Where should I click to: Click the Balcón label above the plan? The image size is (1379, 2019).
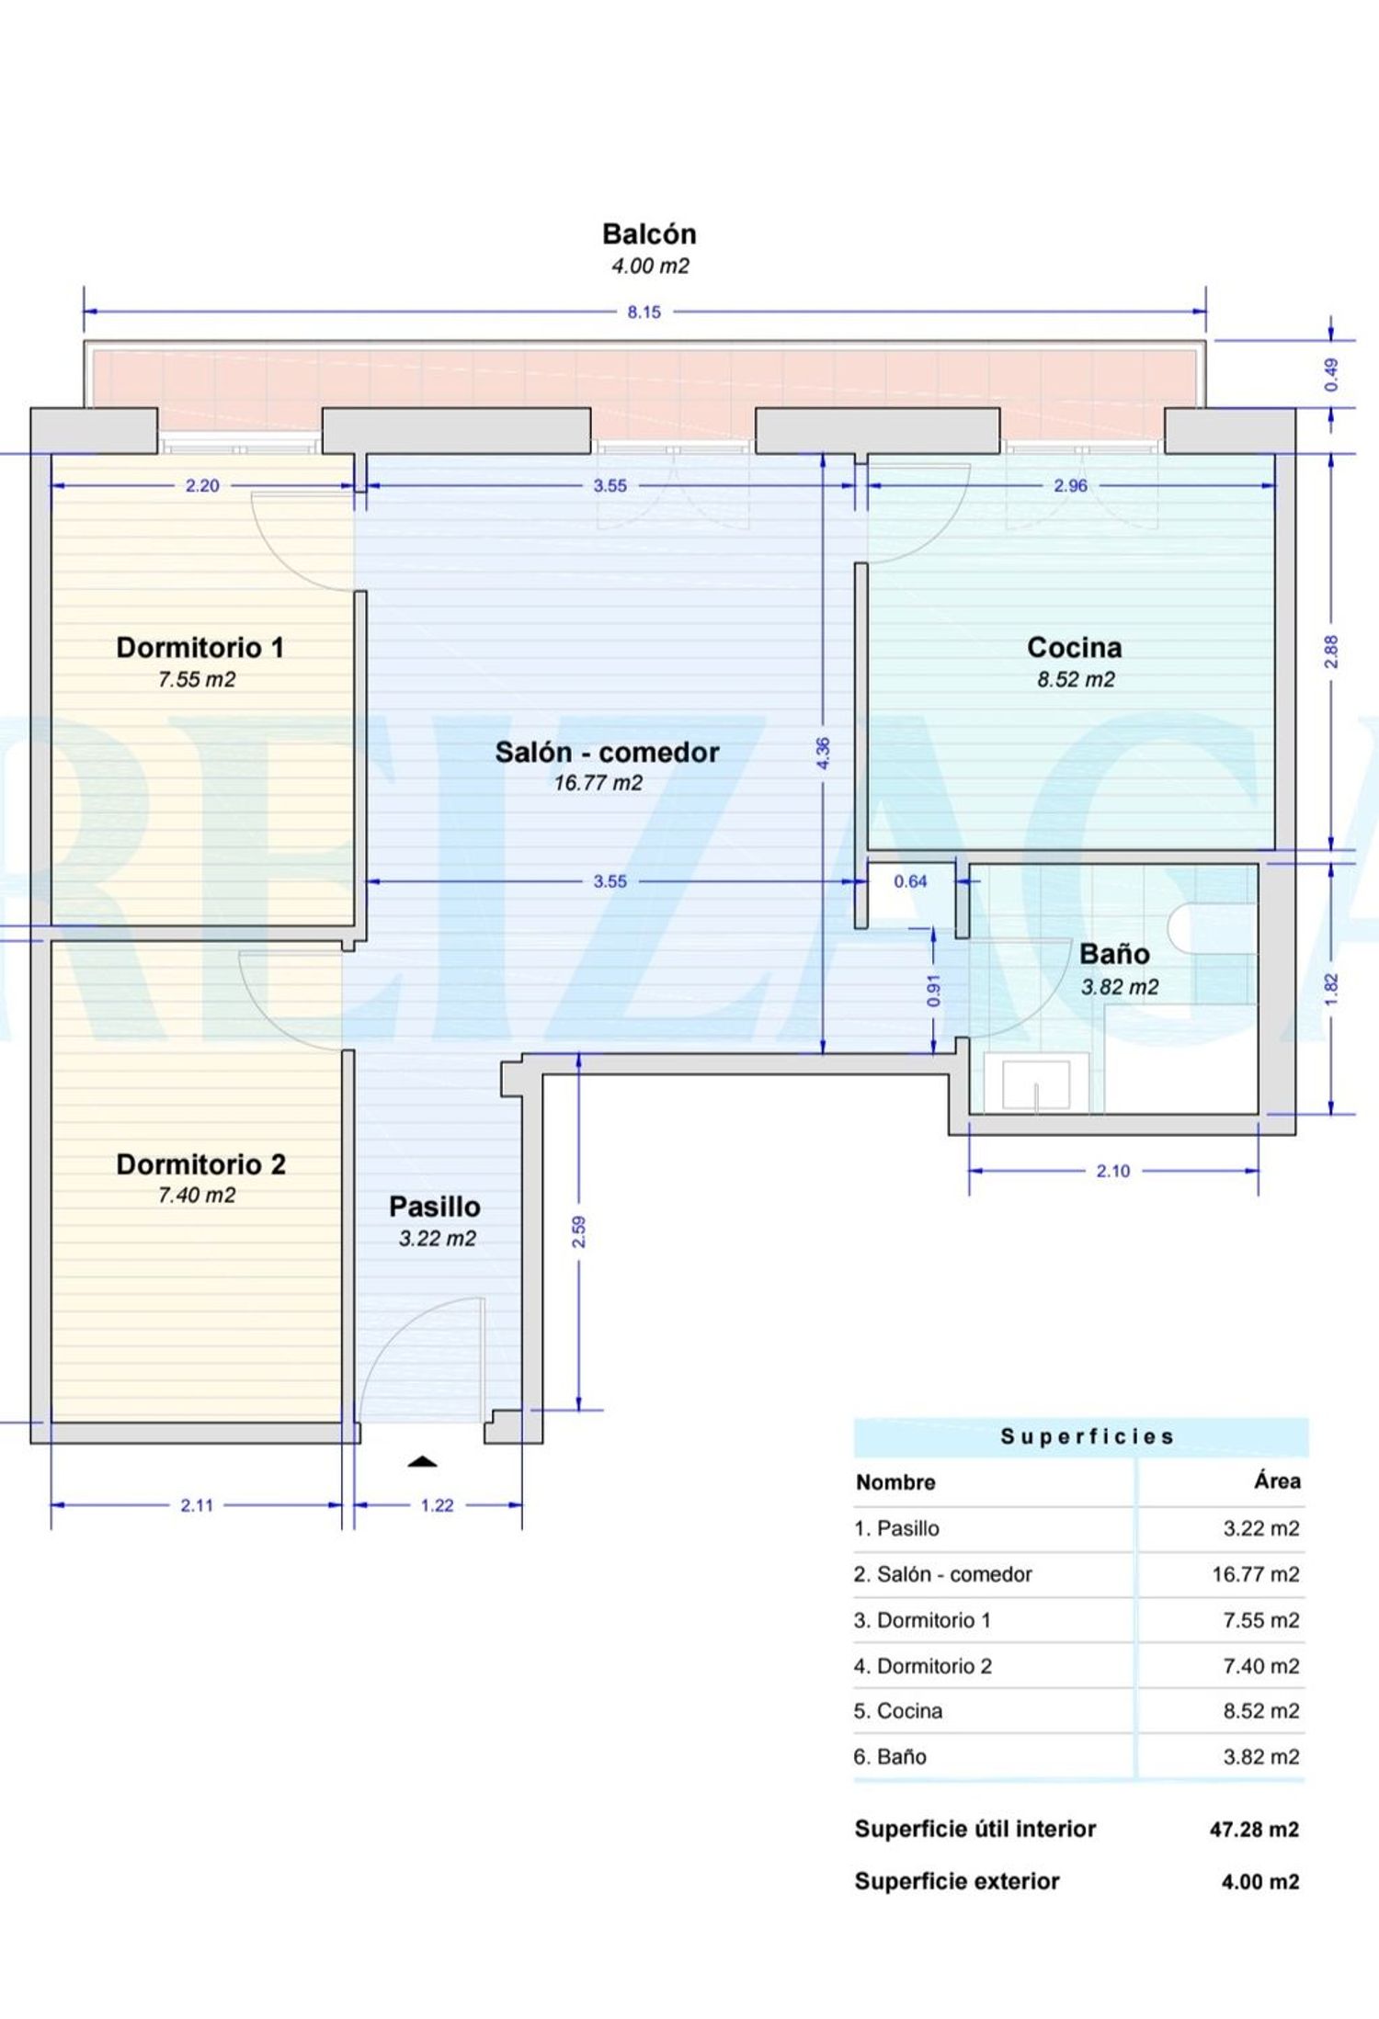[649, 234]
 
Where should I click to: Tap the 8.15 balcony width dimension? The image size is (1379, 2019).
[644, 312]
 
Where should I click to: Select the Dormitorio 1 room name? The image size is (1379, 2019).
[199, 648]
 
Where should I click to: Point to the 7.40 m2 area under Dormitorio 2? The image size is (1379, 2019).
[197, 1195]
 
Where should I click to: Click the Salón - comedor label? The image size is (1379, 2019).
[607, 753]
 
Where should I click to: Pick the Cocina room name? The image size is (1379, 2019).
[1074, 648]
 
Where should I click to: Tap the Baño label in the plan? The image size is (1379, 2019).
[1114, 954]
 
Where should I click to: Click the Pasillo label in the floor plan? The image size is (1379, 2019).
[434, 1207]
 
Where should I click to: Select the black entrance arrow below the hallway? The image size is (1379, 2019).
[422, 1461]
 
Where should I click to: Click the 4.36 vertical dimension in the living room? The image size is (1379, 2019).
[823, 754]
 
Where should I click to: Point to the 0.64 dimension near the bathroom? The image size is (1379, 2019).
[910, 881]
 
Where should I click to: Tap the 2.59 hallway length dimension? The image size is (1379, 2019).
[578, 1231]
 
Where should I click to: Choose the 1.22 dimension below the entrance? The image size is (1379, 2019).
[437, 1505]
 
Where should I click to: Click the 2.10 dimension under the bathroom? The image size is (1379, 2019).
[1112, 1171]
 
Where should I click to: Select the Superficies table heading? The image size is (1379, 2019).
[1088, 1436]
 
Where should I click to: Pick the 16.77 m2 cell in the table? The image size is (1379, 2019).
[1256, 1574]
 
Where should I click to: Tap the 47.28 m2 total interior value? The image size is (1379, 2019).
[1254, 1830]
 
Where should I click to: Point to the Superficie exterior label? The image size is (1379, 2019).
[957, 1882]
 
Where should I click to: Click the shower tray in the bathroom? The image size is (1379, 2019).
[1036, 1084]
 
